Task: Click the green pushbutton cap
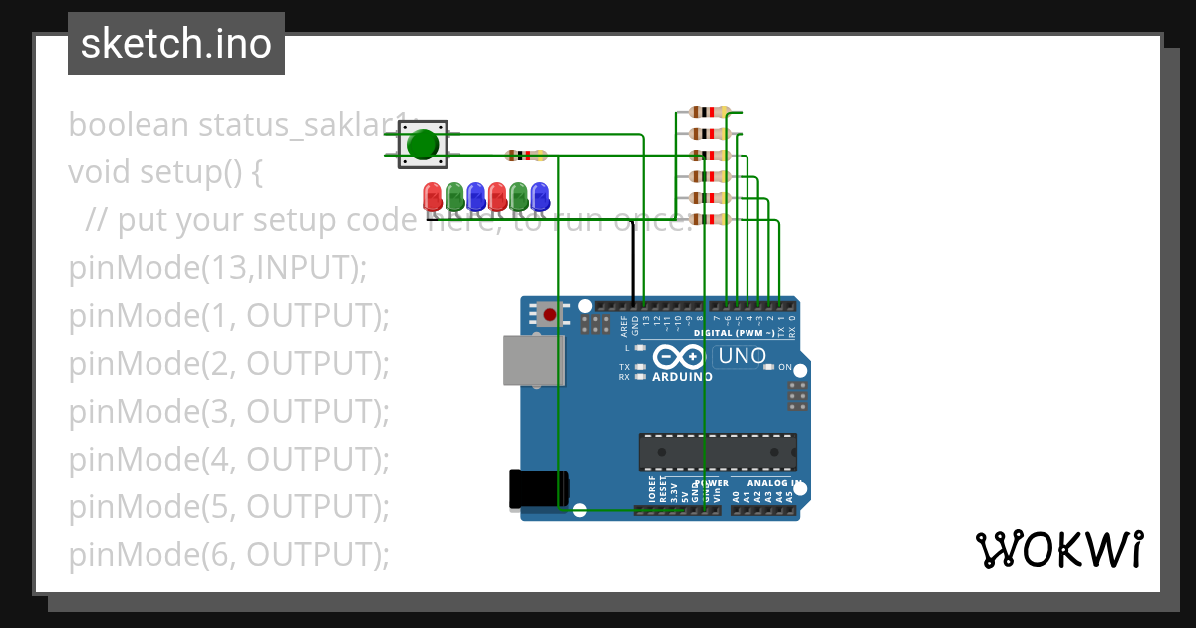(x=423, y=145)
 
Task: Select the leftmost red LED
(x=432, y=194)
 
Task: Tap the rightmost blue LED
(x=540, y=194)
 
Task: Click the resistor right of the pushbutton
(x=525, y=156)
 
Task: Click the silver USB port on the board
(x=533, y=360)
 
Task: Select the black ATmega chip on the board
(x=718, y=452)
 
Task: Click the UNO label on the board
(x=742, y=356)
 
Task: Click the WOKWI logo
(x=1059, y=549)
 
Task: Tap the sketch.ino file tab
(x=176, y=44)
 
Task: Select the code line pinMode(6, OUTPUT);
(x=228, y=554)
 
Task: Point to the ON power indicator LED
(x=768, y=367)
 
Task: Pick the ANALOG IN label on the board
(x=774, y=484)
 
